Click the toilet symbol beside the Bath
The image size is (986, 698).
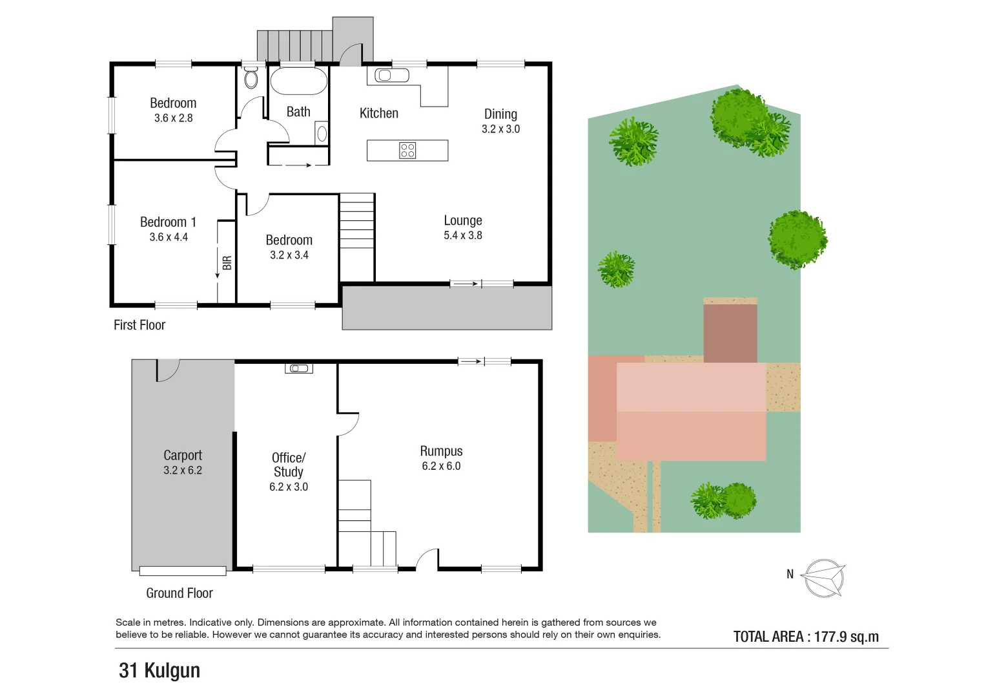click(251, 78)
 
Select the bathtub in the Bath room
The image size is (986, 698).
click(298, 81)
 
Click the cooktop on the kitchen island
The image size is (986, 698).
click(407, 151)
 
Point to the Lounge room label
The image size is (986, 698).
click(462, 221)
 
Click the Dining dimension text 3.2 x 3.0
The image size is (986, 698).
click(500, 129)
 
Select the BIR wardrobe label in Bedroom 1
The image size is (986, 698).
click(227, 263)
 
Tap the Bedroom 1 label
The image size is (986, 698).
click(168, 222)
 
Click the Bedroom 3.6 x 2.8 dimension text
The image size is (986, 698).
click(173, 118)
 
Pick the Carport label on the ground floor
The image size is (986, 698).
click(183, 456)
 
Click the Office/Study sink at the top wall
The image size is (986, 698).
click(299, 368)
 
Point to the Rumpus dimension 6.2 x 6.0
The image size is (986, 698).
click(441, 467)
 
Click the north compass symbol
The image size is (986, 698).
click(825, 578)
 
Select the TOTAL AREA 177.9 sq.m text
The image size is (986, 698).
click(806, 637)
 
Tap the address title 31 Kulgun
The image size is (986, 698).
click(159, 671)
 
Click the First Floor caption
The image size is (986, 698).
click(139, 325)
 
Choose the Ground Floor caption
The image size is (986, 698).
click(179, 593)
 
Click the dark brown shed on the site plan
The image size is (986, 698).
click(730, 333)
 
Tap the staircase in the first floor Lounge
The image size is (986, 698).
click(357, 226)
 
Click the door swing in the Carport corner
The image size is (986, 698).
click(167, 370)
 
